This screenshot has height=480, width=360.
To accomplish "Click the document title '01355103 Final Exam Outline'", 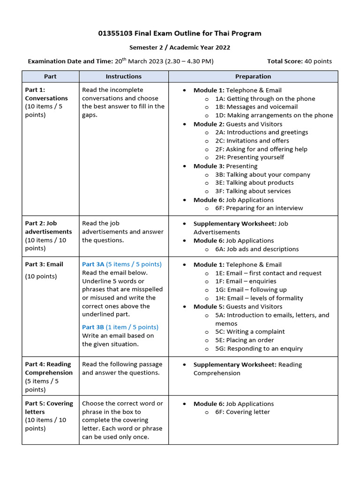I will [x=180, y=33].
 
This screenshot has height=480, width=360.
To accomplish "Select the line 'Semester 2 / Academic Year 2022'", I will [x=180, y=47].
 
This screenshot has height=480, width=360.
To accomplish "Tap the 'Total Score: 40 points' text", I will [x=299, y=61].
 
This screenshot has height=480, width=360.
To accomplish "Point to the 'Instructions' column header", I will [x=124, y=76].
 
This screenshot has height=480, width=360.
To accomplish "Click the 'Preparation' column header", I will [x=253, y=76].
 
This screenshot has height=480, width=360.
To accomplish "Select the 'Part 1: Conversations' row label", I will [x=46, y=94].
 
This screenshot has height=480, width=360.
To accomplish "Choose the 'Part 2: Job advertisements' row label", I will [x=48, y=227].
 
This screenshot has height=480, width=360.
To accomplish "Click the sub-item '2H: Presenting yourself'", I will [x=249, y=157].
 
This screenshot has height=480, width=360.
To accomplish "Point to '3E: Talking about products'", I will [x=255, y=183].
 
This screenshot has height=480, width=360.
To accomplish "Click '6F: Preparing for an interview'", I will [x=259, y=208].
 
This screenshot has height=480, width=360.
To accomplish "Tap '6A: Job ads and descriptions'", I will [x=257, y=249].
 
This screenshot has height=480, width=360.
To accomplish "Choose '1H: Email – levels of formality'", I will [x=259, y=298].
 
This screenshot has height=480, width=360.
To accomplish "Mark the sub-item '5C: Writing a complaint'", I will [x=250, y=331].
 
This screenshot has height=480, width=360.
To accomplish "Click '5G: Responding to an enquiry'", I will [x=259, y=348].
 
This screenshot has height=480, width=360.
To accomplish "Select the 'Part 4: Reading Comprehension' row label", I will [x=49, y=368].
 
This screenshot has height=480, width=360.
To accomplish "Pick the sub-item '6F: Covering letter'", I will [x=242, y=412].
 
